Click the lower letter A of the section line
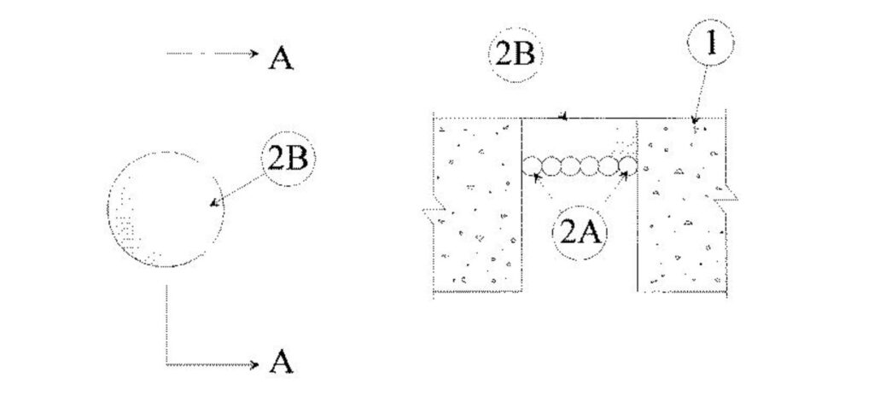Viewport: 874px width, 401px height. [x=282, y=364]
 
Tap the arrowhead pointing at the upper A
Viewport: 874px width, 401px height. [x=253, y=54]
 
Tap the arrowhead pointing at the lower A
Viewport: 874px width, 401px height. [x=253, y=365]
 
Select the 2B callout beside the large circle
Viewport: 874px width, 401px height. [x=287, y=160]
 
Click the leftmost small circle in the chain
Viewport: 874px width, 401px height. [x=531, y=165]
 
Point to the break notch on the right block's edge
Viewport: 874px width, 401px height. [x=731, y=198]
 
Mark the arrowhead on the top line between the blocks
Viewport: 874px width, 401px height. [x=563, y=116]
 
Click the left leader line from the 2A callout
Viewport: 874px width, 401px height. [x=551, y=195]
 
